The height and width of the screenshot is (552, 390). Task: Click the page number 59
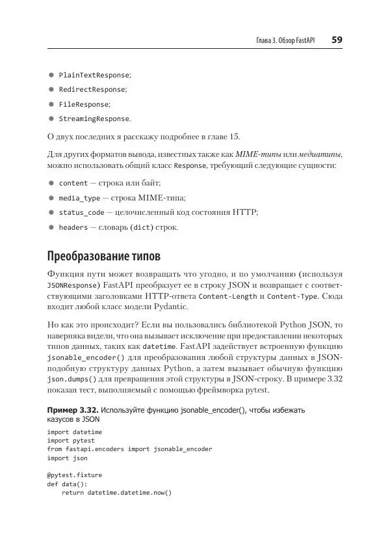337,40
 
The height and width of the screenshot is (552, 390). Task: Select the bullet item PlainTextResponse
95,75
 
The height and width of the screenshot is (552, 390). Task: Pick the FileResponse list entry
84,104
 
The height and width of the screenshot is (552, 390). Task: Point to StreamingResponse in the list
94,118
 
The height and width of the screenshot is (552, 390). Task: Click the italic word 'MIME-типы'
255,154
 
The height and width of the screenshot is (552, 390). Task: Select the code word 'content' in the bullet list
73,184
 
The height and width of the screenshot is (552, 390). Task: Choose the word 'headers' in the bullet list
73,227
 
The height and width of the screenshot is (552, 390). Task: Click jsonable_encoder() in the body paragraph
82,358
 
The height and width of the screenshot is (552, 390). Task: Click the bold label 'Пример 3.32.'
73,411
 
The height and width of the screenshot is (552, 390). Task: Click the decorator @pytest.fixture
74,475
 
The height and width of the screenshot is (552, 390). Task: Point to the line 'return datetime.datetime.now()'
116,493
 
